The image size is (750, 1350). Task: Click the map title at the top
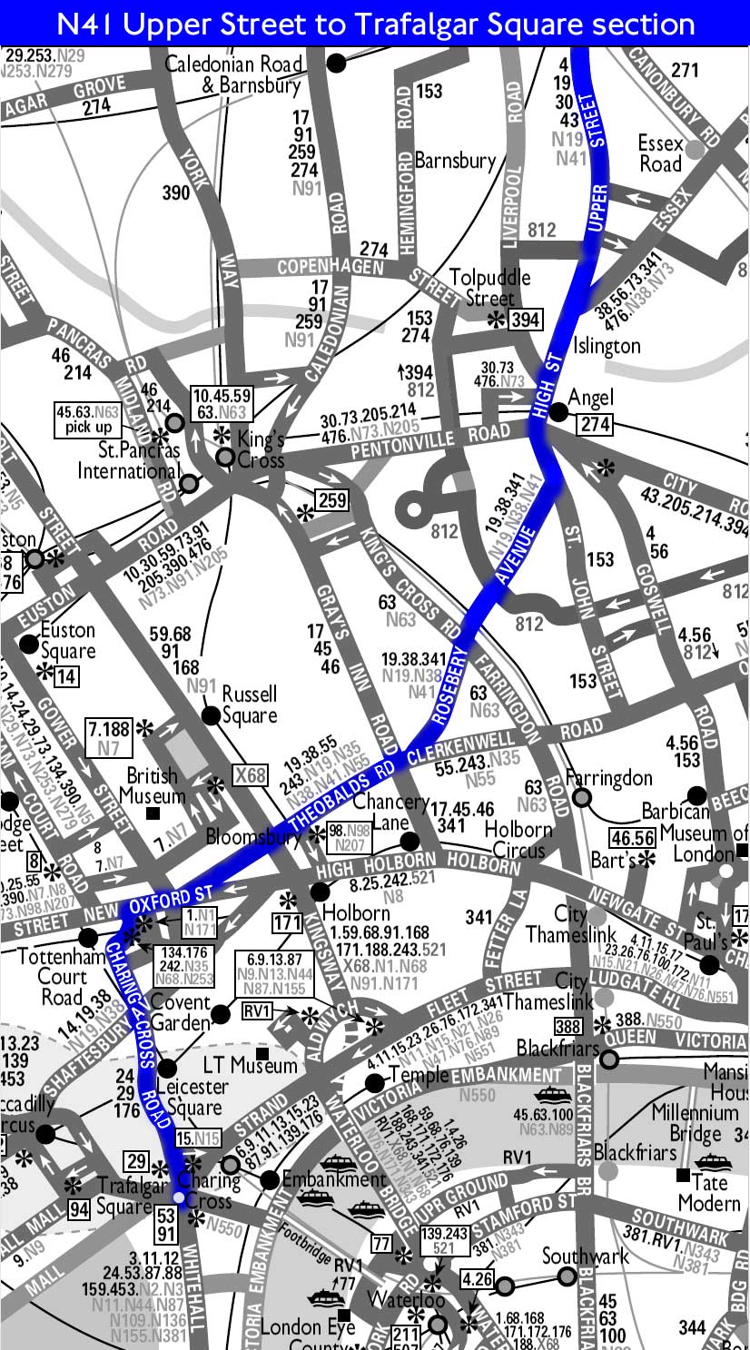point(374,23)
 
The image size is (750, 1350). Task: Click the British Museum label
point(153,786)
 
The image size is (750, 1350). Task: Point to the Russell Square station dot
point(212,715)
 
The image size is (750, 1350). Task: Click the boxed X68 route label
point(250,775)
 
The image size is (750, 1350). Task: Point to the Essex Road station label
point(660,153)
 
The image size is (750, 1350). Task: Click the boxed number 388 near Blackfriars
point(567,1027)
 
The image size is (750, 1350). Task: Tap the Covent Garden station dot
point(219,1012)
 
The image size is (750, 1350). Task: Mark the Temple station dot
point(374,1082)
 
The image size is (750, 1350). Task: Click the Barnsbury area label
point(455,161)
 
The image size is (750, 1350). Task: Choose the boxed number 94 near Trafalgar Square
point(79,1208)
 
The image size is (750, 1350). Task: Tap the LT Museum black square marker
point(262,1054)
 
